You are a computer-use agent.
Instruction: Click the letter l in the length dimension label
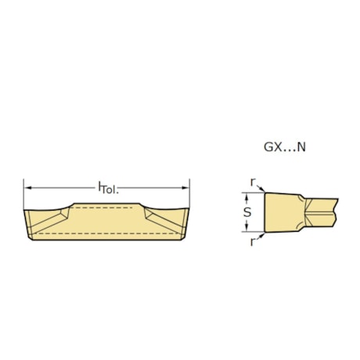click(99, 187)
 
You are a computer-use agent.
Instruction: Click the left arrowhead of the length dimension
click(27, 187)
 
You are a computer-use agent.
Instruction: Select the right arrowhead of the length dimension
click(185, 187)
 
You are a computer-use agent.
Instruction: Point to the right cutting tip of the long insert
click(189, 208)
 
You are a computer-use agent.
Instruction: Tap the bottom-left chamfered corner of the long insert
click(31, 238)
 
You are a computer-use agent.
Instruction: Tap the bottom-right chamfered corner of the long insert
click(184, 238)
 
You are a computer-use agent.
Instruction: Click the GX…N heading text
click(285, 146)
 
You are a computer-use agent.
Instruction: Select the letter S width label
click(247, 212)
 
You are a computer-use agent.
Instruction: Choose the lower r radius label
click(252, 243)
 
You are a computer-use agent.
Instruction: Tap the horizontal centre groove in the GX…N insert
click(321, 212)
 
